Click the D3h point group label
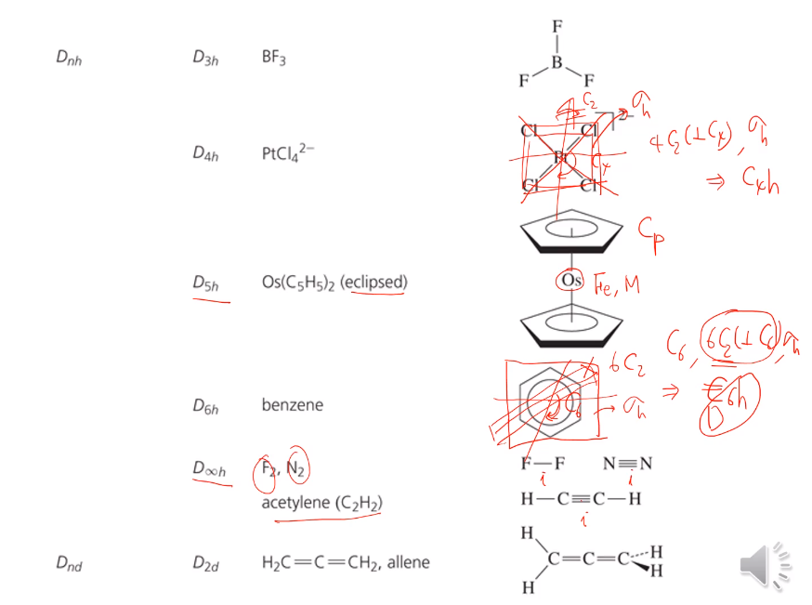(205, 58)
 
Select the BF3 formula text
(274, 58)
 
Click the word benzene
(293, 405)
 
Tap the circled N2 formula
(296, 469)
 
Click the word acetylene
(297, 503)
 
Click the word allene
(409, 561)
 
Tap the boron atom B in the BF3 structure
(557, 62)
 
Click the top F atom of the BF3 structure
(557, 27)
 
